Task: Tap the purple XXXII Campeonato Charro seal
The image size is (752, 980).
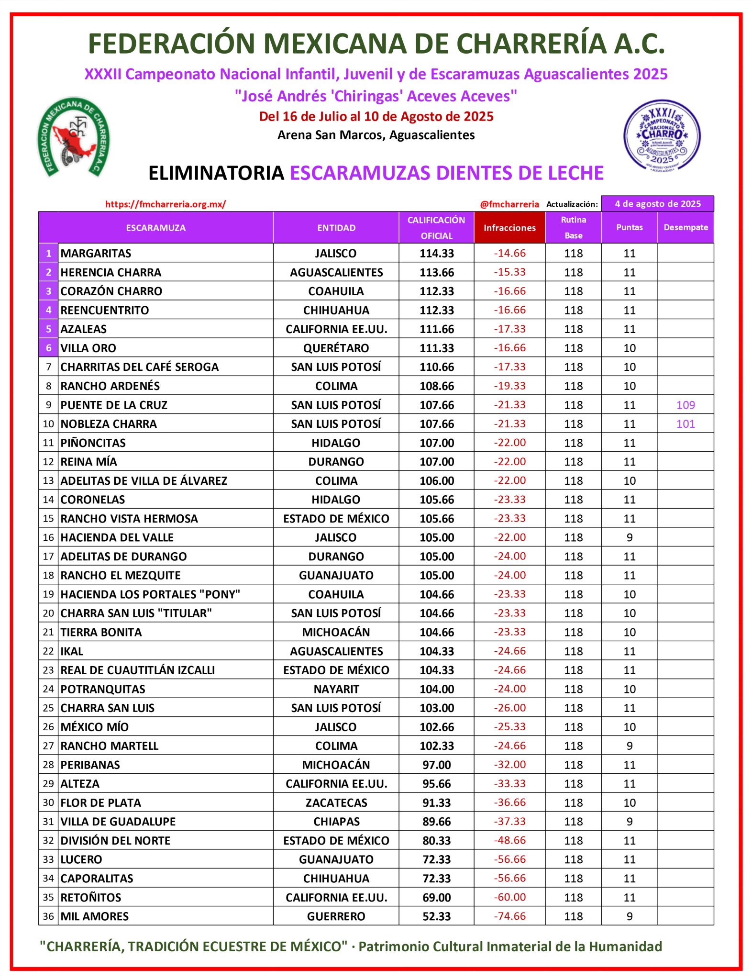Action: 662,135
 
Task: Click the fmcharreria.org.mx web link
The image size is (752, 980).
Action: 166,204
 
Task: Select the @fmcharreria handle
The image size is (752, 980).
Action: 509,204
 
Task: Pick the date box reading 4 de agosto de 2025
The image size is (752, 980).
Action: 657,204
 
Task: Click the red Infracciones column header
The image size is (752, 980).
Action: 509,228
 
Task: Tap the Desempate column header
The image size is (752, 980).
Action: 686,227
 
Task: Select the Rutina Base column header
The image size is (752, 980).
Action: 573,227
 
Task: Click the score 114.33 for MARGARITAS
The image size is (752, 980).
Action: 436,253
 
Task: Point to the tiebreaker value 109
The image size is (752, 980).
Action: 686,405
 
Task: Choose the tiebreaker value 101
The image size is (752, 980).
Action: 686,424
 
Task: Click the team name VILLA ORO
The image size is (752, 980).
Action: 88,348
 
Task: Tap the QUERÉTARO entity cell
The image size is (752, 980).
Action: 336,348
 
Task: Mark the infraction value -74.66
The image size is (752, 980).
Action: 509,916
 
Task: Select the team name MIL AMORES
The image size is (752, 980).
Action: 95,916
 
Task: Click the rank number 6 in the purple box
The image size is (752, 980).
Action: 48,348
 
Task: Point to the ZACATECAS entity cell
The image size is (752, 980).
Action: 336,802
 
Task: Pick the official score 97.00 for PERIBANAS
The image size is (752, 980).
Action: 436,765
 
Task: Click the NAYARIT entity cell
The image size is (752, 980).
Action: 336,689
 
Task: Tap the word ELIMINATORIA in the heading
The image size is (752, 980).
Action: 216,173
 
